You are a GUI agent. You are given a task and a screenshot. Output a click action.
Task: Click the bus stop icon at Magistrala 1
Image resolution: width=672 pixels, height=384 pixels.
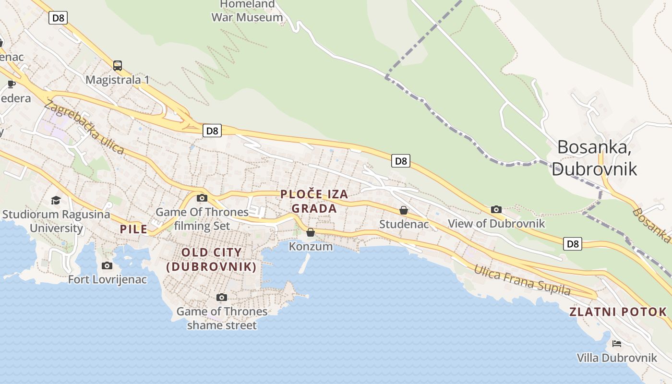point(118,65)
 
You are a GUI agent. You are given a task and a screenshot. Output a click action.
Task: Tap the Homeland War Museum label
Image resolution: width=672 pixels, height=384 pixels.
point(247,11)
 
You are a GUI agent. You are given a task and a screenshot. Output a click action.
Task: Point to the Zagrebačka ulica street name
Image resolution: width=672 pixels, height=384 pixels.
point(84,127)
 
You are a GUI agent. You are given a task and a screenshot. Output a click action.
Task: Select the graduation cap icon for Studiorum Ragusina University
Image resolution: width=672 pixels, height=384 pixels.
point(56,200)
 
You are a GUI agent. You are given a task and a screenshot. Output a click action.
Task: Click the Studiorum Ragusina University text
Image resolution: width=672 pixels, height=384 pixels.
point(56,221)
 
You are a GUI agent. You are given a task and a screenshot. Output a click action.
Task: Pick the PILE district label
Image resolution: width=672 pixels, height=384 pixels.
point(133,229)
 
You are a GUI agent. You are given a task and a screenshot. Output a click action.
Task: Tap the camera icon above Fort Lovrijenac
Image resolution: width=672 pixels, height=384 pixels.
point(107,265)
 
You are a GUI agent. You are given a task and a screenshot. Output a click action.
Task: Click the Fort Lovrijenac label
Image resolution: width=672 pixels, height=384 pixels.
point(108,279)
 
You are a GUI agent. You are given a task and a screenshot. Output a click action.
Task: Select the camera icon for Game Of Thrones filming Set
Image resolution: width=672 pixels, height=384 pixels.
point(202,198)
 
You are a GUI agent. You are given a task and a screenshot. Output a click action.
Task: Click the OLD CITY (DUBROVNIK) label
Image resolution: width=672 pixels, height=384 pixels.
point(211,260)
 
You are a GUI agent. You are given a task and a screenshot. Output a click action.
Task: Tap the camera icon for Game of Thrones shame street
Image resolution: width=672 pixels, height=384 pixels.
point(221,297)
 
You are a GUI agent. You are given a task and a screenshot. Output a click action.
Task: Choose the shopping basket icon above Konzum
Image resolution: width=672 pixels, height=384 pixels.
point(311,232)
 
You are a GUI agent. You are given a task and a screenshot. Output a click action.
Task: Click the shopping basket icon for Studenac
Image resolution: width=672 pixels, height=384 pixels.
point(404,210)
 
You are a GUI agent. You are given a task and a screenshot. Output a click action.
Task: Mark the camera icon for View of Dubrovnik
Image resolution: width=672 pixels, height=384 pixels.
point(496,209)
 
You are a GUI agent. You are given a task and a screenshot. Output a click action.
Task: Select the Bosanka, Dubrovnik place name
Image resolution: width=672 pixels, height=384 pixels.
point(594,158)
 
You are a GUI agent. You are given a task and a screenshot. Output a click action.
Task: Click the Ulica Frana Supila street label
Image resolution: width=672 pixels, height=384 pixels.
point(522,280)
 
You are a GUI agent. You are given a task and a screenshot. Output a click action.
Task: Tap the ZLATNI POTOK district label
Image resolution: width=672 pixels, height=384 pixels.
point(618,312)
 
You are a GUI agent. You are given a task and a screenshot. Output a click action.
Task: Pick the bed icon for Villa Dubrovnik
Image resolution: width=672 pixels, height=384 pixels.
point(617,343)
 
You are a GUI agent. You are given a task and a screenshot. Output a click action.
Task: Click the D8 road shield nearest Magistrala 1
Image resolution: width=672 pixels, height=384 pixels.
point(58,18)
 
